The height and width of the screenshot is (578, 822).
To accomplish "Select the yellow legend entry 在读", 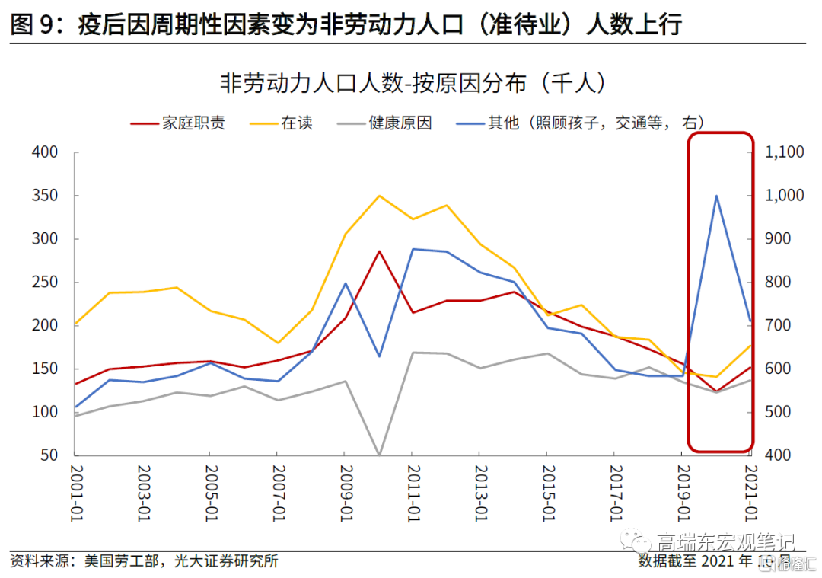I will click(297, 123).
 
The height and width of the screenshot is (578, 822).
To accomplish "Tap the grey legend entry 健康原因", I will click(400, 123).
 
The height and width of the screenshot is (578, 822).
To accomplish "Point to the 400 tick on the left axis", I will click(46, 152).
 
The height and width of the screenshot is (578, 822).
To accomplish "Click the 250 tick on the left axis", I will click(46, 283).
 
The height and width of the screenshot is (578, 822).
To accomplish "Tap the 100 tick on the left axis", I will click(46, 412).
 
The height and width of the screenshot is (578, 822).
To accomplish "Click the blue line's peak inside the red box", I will click(716, 196).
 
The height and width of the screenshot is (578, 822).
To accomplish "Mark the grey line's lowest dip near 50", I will click(379, 455).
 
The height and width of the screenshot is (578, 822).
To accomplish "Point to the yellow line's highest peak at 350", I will click(379, 196).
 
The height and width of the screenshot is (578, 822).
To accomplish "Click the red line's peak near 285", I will click(379, 251).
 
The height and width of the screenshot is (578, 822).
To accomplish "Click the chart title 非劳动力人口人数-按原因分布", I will click(411, 82).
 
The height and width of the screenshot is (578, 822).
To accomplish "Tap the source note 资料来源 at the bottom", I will click(145, 562).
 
